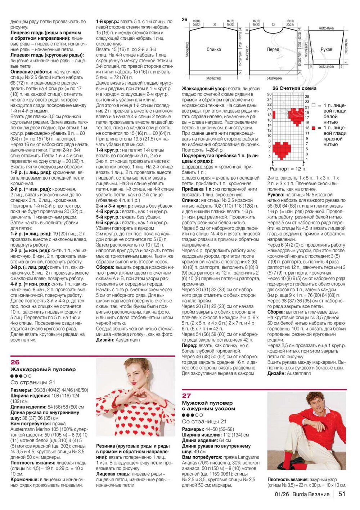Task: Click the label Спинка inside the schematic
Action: [214, 49]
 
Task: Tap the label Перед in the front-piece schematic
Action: [273, 49]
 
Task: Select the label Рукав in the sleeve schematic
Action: [326, 49]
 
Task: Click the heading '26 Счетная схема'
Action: [294, 88]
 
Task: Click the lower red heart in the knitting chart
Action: [282, 150]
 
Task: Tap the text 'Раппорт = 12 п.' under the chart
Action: [288, 169]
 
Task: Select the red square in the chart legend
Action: [314, 128]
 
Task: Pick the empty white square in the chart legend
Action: [314, 106]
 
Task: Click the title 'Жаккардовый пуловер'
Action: [43, 369]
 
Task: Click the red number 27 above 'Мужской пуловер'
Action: [186, 395]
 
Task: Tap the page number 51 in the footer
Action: [342, 494]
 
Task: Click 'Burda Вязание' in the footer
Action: [311, 494]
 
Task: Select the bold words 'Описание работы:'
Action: [31, 72]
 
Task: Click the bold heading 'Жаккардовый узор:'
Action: [204, 89]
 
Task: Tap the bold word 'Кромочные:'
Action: [24, 479]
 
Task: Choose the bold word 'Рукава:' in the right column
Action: [276, 195]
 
